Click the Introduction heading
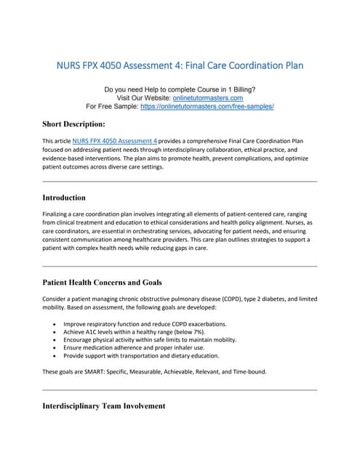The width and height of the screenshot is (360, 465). (64, 198)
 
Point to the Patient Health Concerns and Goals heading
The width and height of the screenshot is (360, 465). (102, 282)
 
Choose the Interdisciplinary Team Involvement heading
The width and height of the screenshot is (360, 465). (104, 405)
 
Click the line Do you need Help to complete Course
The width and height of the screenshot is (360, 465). (180, 89)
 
